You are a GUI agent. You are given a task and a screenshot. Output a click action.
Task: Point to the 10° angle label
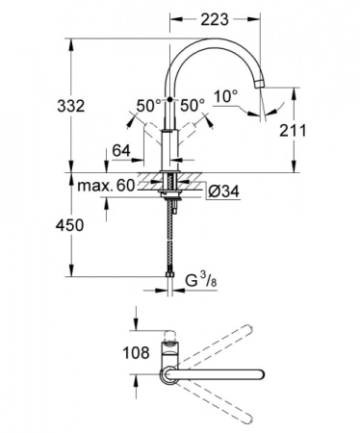pyautogui.click(x=224, y=96)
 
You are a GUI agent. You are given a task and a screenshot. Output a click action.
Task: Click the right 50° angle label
pyautogui.click(x=193, y=105)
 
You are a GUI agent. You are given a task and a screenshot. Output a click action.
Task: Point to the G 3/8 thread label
pyautogui.click(x=203, y=281)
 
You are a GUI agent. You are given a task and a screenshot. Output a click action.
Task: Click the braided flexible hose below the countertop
pyautogui.click(x=170, y=241)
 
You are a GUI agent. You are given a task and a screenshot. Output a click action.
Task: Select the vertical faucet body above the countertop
pyautogui.click(x=170, y=144)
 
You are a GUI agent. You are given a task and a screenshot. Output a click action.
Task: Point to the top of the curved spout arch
pyautogui.click(x=216, y=43)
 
